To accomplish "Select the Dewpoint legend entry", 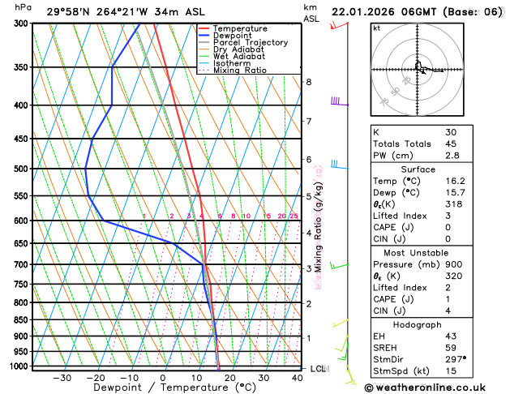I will pyautogui.click(x=232, y=36).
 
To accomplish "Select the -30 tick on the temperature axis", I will pyautogui.click(x=62, y=378).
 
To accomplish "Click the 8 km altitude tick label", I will pyautogui.click(x=308, y=82).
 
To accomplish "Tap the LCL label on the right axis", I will pyautogui.click(x=319, y=369).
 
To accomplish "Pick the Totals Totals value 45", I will pyautogui.click(x=451, y=143).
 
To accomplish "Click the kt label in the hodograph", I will pyautogui.click(x=377, y=28).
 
